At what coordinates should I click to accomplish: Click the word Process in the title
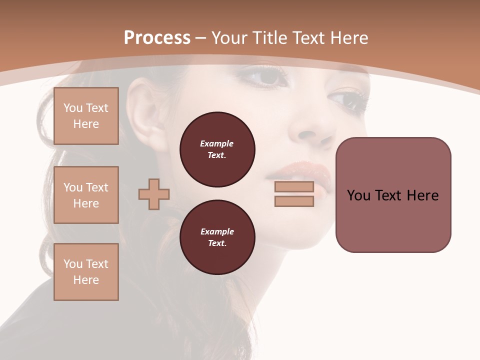pyautogui.click(x=157, y=38)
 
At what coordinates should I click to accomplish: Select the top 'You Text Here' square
pyautogui.click(x=86, y=116)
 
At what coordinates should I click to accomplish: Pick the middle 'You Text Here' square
pyautogui.click(x=86, y=195)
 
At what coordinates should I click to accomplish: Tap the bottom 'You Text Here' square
pyautogui.click(x=86, y=272)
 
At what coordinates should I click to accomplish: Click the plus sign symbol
pyautogui.click(x=154, y=194)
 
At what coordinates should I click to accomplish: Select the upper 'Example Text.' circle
pyautogui.click(x=217, y=149)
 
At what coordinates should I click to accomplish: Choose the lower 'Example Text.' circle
pyautogui.click(x=217, y=237)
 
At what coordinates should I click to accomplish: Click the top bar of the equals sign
pyautogui.click(x=294, y=186)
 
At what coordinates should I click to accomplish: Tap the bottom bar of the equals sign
pyautogui.click(x=294, y=201)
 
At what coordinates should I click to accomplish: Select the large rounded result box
pyautogui.click(x=393, y=195)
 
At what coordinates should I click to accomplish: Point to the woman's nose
pyautogui.click(x=312, y=130)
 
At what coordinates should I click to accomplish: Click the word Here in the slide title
pyautogui.click(x=348, y=38)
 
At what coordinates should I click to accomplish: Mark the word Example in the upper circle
pyautogui.click(x=217, y=143)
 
